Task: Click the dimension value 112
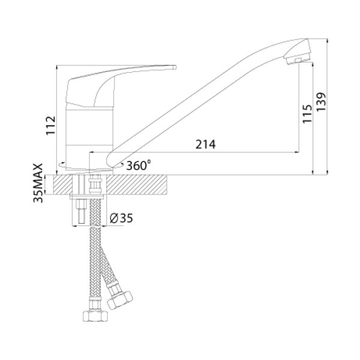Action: (x=50, y=125)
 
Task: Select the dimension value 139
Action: (x=321, y=102)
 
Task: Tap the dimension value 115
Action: (x=307, y=113)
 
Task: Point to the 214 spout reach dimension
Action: (x=205, y=145)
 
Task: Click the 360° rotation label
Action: (x=139, y=165)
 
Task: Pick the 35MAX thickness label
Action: (x=38, y=183)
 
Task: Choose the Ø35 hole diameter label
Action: (x=121, y=218)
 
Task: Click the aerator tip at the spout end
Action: (x=298, y=59)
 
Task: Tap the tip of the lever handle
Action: (x=175, y=67)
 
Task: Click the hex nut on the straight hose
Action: (x=95, y=316)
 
